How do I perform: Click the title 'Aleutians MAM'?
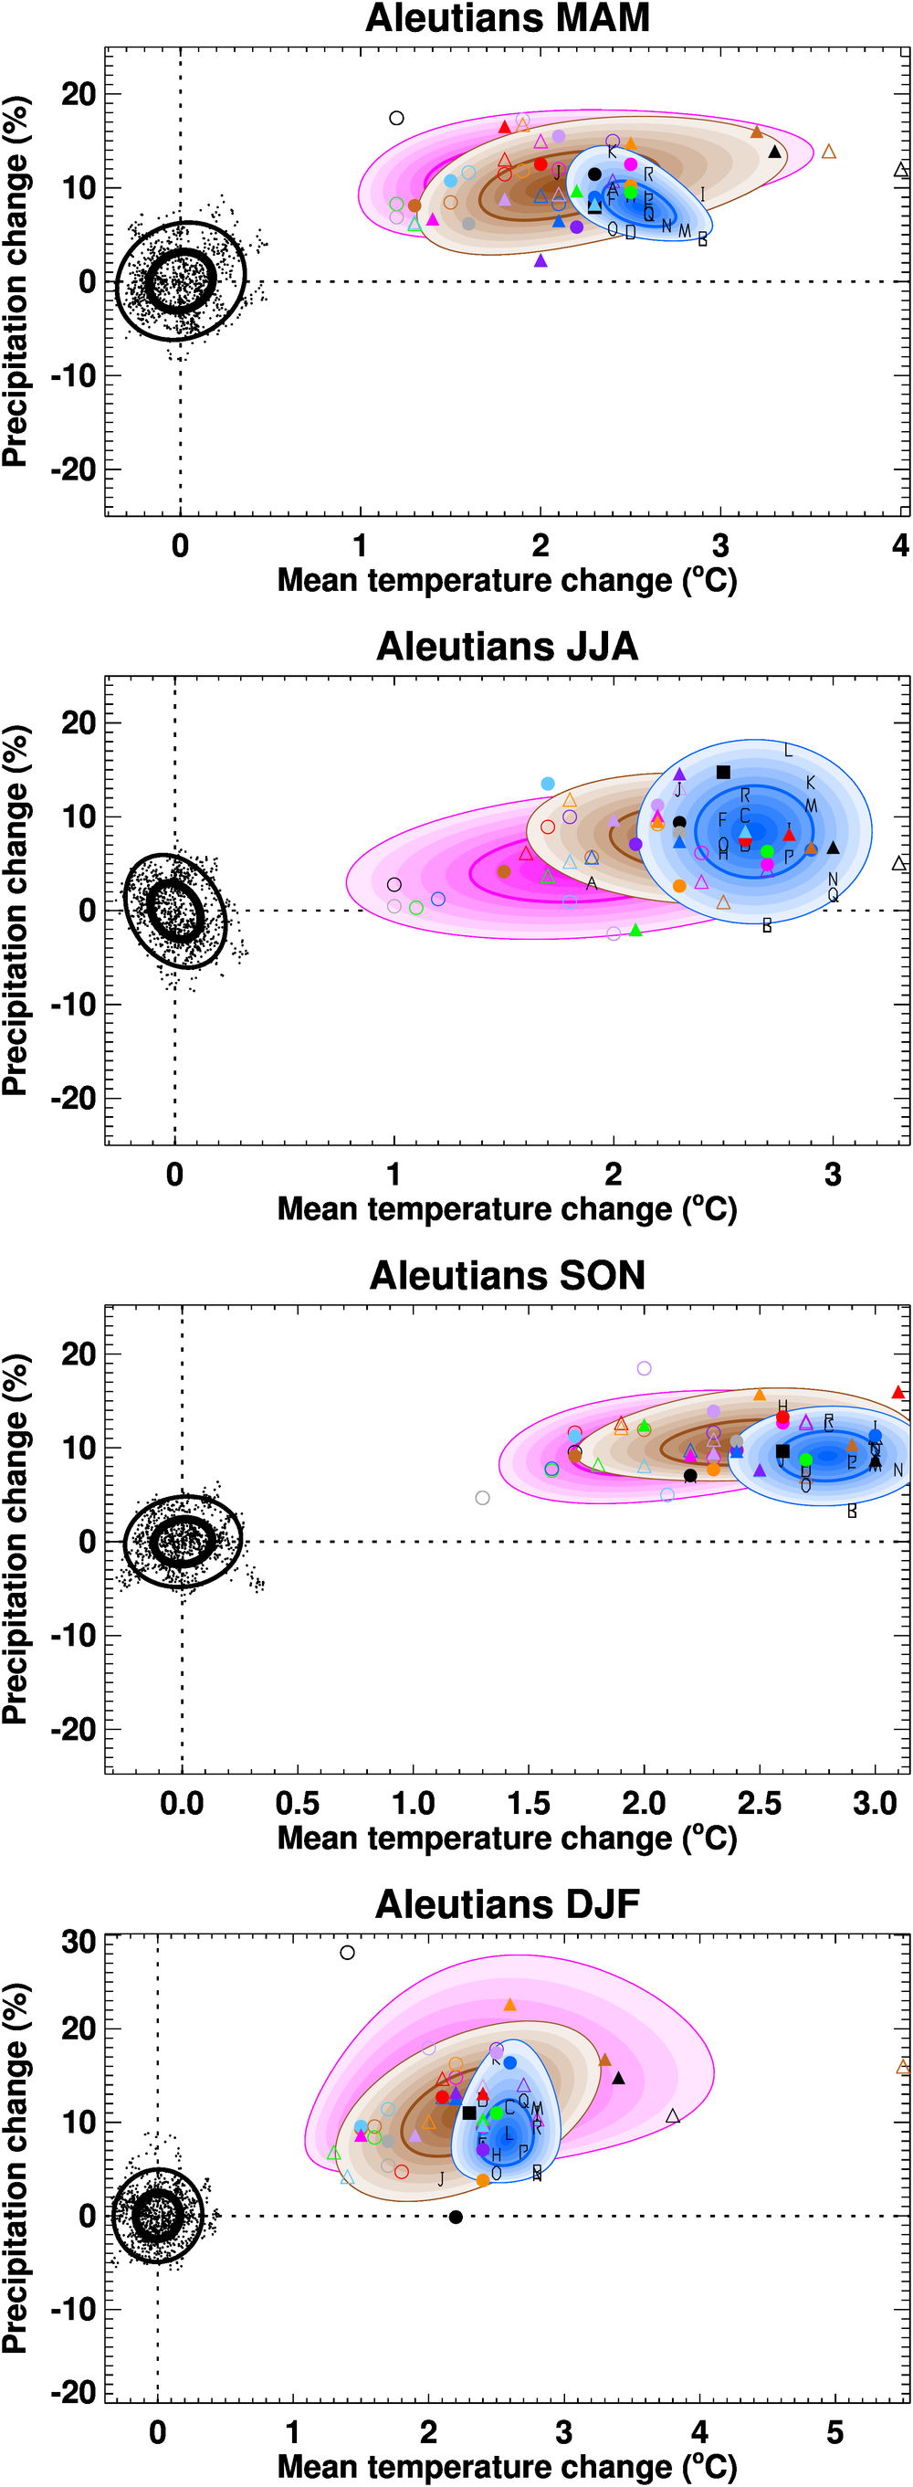click(507, 18)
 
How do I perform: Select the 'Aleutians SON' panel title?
click(507, 1275)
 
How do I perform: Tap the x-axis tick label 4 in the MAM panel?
click(899, 546)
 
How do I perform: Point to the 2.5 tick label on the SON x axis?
click(759, 1804)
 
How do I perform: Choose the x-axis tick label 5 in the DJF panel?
click(834, 2432)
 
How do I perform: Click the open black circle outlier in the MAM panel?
click(395, 118)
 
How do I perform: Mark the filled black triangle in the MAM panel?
click(774, 152)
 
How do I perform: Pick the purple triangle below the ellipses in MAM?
click(540, 260)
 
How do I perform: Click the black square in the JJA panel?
click(723, 772)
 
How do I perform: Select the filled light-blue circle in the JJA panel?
click(547, 783)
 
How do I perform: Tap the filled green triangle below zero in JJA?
click(635, 930)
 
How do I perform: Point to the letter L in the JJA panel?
click(788, 750)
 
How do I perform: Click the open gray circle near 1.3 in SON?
click(483, 1498)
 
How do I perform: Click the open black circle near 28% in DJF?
click(348, 1952)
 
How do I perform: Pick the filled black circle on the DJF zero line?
click(456, 2217)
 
